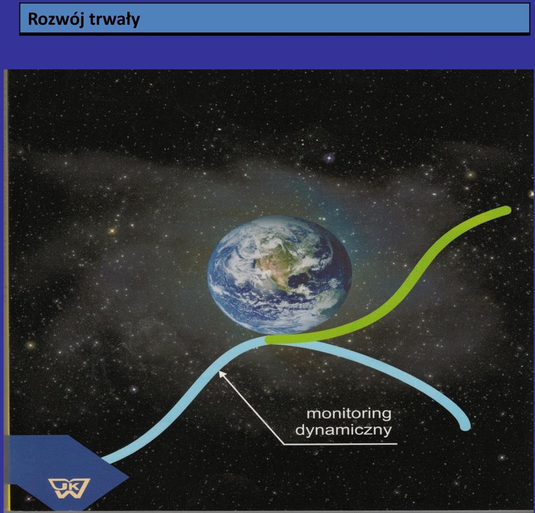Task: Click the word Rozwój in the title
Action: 56,20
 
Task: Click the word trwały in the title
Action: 115,20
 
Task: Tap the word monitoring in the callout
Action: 349,414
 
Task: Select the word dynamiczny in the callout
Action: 343,430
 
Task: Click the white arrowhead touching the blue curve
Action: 222,374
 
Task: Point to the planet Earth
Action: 279,275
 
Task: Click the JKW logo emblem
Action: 70,488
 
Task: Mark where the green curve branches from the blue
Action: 270,340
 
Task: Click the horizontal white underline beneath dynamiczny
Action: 341,444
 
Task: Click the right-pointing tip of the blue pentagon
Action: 128,477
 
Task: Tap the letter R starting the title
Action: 34,20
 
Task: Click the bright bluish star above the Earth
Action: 329,158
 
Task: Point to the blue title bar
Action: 275,18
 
